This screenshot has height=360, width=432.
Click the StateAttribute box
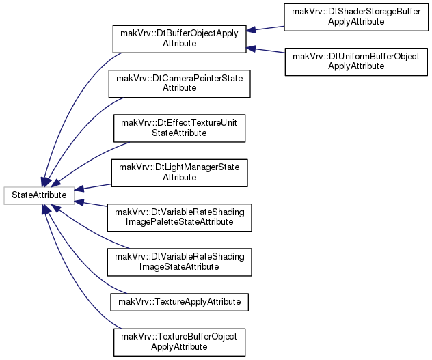click(x=39, y=195)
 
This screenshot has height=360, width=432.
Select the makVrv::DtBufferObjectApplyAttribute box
click(x=179, y=39)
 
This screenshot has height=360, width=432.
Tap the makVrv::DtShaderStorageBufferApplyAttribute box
click(x=356, y=17)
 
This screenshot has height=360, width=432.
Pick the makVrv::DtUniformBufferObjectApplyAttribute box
click(x=356, y=61)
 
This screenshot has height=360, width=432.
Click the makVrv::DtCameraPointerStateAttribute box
click(x=179, y=83)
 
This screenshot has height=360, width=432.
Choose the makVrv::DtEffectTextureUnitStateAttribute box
click(x=179, y=128)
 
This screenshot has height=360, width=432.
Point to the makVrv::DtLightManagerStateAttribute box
click(x=179, y=173)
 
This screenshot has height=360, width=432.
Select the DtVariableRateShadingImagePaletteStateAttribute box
click(x=179, y=218)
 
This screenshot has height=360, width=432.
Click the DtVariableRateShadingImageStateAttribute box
click(x=179, y=262)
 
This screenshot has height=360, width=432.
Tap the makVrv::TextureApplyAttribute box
click(x=179, y=302)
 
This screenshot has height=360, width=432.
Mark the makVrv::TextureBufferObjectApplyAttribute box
click(x=179, y=342)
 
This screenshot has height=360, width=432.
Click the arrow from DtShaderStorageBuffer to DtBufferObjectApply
click(x=265, y=29)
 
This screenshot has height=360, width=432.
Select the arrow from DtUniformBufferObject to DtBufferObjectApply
click(x=265, y=50)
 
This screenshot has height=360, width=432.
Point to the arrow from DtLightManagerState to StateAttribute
click(x=93, y=187)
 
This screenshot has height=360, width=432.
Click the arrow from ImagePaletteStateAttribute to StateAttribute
click(x=91, y=204)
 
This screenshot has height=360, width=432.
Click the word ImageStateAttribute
click(x=179, y=267)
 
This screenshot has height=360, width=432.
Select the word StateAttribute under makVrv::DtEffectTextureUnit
click(x=179, y=133)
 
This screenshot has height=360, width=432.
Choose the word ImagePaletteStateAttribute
click(x=179, y=222)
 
